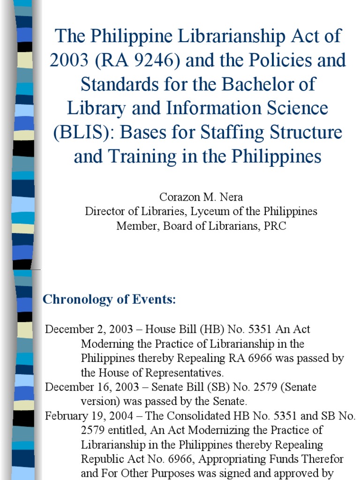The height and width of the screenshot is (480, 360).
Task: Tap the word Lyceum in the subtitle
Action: [208, 211]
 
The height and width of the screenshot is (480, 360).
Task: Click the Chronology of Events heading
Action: [109, 300]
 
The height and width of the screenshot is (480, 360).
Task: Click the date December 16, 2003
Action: [91, 387]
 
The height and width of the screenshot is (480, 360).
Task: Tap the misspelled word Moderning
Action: [104, 344]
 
